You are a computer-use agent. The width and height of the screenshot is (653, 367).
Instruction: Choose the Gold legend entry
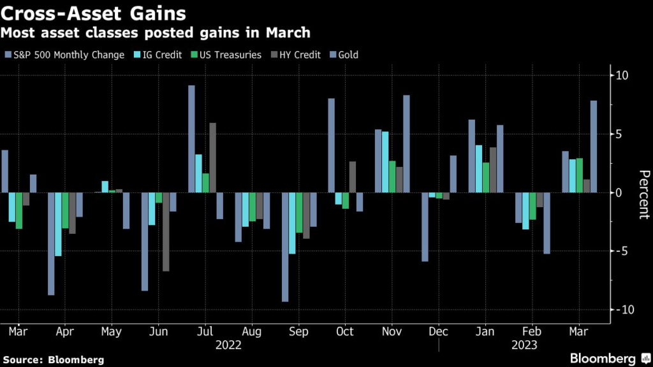tap(348, 55)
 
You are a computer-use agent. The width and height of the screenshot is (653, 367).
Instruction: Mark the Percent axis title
tap(643, 195)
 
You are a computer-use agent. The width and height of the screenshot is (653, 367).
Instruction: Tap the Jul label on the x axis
tap(205, 332)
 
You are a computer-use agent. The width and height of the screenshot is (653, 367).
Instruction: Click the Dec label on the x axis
tap(439, 332)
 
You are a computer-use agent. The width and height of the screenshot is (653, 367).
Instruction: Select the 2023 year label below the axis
tap(525, 345)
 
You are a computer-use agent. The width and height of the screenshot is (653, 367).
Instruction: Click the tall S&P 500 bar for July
tap(191, 138)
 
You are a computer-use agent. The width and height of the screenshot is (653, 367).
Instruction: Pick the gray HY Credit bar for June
tap(166, 231)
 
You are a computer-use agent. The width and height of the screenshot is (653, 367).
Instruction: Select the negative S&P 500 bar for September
tap(285, 247)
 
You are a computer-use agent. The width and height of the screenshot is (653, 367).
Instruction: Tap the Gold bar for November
tap(406, 143)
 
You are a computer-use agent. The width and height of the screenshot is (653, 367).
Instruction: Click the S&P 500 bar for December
tap(425, 227)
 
